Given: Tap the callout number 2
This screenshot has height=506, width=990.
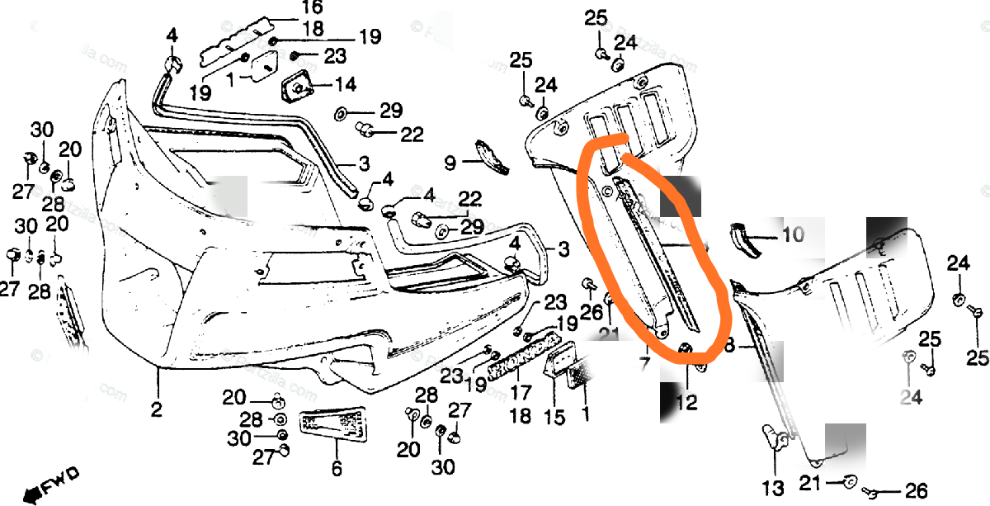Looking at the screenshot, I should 157,408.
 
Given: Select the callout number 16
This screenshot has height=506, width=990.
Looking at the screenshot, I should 288,9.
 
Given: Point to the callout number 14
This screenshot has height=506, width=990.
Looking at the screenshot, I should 345,84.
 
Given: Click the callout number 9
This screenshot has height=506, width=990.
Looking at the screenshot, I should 450,163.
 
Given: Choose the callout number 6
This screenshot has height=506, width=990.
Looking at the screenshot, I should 336,470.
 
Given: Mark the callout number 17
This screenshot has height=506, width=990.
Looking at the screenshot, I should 521,391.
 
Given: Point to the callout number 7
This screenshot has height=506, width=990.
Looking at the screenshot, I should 644,364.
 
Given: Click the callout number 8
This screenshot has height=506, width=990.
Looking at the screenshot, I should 728,346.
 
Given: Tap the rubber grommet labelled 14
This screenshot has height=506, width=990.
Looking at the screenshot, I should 297,84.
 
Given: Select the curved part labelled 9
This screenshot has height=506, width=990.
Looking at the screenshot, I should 492,157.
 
